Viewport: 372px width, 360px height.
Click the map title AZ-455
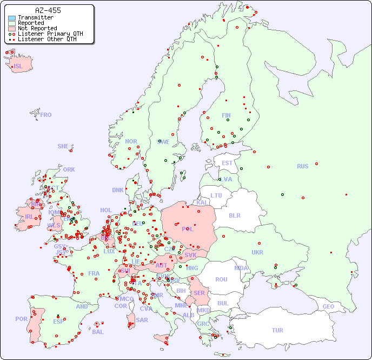click(48, 10)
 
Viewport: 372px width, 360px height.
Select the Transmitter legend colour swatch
click(12, 18)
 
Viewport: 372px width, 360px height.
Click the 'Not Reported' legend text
click(37, 29)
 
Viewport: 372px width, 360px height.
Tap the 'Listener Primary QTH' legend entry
click(50, 34)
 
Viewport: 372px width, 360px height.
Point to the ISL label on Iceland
click(18, 67)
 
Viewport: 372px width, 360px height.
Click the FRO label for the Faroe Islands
click(46, 115)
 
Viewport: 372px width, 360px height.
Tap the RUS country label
click(302, 166)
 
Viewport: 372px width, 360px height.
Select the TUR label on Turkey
click(277, 330)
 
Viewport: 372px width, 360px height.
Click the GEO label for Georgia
click(328, 306)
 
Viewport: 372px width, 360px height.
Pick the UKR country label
click(257, 252)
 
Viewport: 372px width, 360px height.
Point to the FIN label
click(226, 115)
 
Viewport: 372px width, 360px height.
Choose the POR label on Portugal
click(21, 319)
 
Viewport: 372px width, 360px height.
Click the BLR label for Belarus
click(234, 215)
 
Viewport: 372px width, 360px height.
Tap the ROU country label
click(221, 279)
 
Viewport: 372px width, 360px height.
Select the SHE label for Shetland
click(63, 146)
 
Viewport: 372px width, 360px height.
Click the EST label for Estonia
click(227, 163)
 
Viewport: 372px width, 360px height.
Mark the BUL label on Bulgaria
click(223, 303)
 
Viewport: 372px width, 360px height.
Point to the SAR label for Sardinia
click(142, 320)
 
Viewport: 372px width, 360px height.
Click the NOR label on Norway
click(131, 141)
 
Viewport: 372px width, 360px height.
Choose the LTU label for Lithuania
click(216, 195)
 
